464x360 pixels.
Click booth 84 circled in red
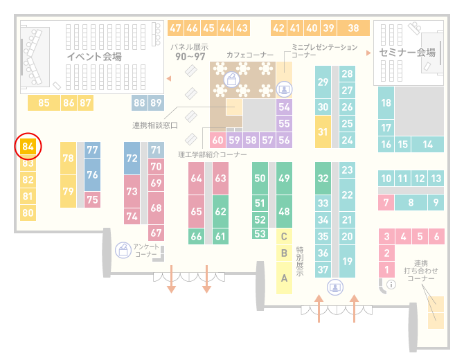click(x=28, y=147)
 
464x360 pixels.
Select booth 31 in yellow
click(x=323, y=132)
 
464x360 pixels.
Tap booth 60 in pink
click(x=217, y=140)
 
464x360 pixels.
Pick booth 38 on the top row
click(x=354, y=28)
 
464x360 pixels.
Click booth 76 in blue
click(x=92, y=174)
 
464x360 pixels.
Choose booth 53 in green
click(x=260, y=234)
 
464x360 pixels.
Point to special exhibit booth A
click(x=284, y=278)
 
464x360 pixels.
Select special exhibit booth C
click(x=284, y=236)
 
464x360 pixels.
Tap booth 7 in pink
click(x=386, y=203)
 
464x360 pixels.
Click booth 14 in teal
click(x=427, y=145)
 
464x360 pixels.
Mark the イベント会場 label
click(x=94, y=56)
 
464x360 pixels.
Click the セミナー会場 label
click(x=407, y=53)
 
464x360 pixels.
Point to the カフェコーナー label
click(x=250, y=55)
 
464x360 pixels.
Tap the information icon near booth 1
click(x=391, y=285)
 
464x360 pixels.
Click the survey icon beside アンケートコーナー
click(x=123, y=250)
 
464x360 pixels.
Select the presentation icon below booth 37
click(x=335, y=287)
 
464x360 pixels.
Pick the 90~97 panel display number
click(x=190, y=57)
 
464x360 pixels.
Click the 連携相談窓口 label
click(x=155, y=125)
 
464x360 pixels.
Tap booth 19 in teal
click(x=347, y=261)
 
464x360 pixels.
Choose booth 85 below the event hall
click(x=44, y=103)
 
